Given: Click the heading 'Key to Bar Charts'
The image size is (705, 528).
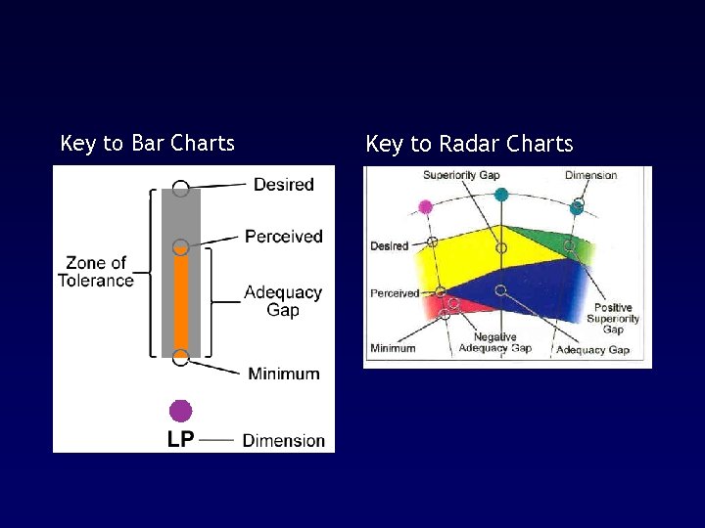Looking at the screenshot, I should (147, 144).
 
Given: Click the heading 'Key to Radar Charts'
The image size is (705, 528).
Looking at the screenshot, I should (469, 145).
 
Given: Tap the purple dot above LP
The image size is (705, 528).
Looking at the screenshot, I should (180, 411).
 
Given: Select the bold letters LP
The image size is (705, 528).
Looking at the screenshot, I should (180, 440).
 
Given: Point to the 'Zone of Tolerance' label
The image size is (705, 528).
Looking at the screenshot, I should (95, 272).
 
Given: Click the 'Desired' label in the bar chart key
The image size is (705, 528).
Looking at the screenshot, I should (283, 185).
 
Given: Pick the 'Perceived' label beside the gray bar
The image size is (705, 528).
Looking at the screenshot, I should (283, 237).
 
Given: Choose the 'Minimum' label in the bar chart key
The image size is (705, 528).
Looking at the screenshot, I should (283, 374).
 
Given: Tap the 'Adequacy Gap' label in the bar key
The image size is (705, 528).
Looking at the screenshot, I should (282, 301).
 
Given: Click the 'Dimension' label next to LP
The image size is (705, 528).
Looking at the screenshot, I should (283, 441).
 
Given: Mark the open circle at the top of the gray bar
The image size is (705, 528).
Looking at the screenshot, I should (180, 189).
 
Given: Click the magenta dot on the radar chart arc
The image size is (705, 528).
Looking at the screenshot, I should (425, 206).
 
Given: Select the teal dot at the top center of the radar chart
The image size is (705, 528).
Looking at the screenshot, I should (501, 195).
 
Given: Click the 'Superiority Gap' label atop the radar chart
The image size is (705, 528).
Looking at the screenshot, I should (460, 176).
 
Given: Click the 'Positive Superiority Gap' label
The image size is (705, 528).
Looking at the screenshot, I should (613, 319).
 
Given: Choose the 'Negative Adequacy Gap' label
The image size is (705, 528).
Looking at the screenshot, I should (494, 342).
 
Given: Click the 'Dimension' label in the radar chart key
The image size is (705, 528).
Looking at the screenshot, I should (590, 176).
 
